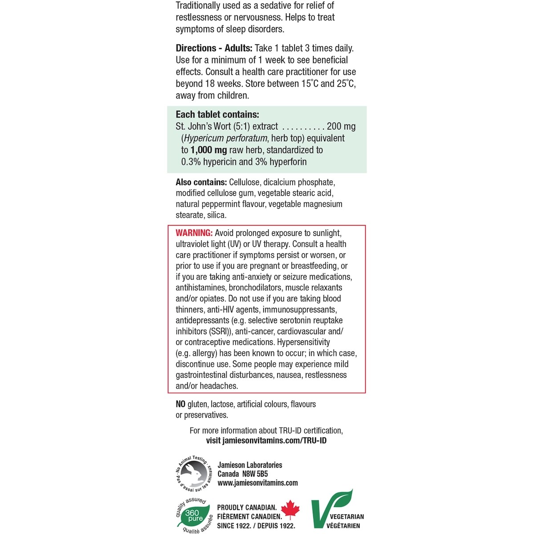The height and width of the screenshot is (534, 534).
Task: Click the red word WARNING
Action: tap(194, 233)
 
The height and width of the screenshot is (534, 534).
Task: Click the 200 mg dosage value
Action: tap(341, 126)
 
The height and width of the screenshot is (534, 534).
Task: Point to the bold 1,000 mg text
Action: tap(208, 150)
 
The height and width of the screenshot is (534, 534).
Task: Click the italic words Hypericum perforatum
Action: tap(226, 138)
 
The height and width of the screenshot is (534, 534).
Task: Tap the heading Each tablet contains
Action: tap(217, 114)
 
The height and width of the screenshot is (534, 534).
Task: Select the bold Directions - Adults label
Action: tap(214, 48)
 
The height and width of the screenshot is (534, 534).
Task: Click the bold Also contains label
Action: tap(201, 182)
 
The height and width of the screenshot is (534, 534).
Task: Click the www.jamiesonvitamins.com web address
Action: tap(258, 483)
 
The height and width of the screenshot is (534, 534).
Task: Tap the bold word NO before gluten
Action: tap(181, 404)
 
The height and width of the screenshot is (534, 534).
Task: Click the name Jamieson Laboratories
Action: tap(250, 465)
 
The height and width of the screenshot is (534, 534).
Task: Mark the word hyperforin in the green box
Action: tap(287, 162)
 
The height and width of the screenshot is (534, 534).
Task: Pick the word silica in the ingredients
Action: tap(217, 215)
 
